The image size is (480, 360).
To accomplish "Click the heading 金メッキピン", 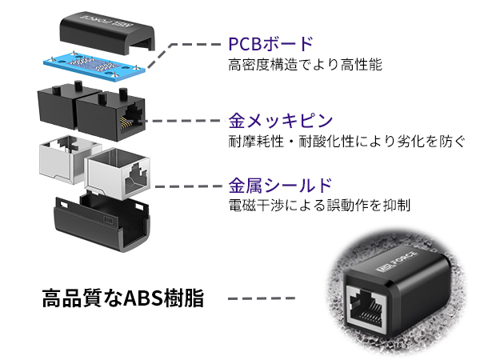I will tap(280, 122).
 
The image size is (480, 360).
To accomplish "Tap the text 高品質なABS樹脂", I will tap(123, 299).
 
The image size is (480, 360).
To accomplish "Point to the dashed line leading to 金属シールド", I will tap(188, 186).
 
